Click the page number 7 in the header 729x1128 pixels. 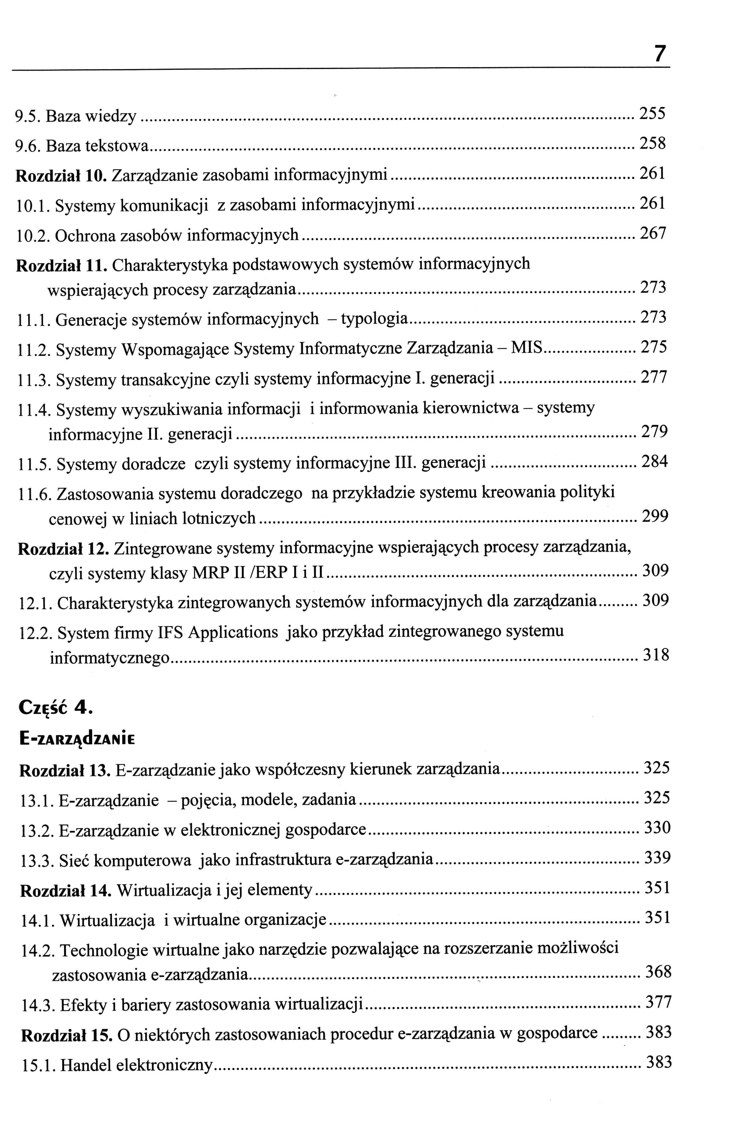click(660, 53)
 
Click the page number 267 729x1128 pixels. click(653, 233)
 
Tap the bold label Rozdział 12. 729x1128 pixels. click(64, 549)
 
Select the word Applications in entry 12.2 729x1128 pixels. click(233, 632)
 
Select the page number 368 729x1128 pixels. click(659, 971)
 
